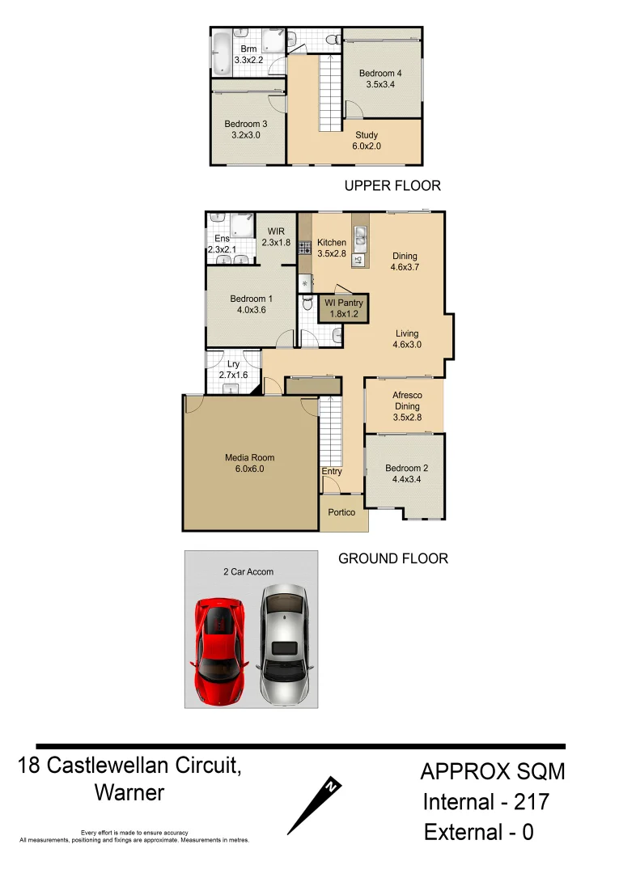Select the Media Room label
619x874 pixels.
coord(249,458)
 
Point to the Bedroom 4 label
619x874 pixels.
coord(380,74)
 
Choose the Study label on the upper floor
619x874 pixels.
coord(367,135)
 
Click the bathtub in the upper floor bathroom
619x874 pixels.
coord(222,53)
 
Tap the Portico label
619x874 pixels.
coord(341,512)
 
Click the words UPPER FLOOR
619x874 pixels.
coord(392,186)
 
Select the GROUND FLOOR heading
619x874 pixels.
coord(392,558)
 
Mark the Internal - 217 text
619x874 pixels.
coord(486,802)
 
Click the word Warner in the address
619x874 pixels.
coord(129,792)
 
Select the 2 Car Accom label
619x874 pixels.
coord(248,571)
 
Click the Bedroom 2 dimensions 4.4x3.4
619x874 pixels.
coord(406,479)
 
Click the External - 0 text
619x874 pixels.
coord(479,833)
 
